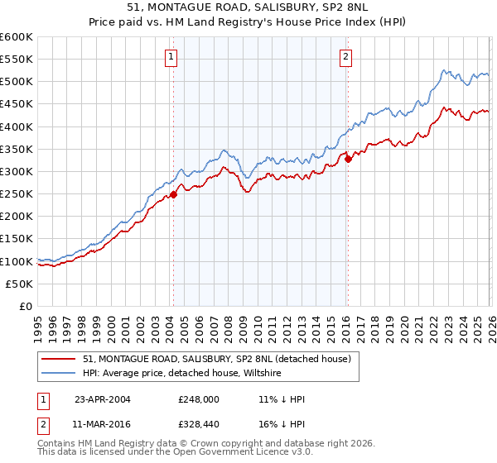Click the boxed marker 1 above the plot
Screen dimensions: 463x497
(x=171, y=57)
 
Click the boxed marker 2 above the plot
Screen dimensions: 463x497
(x=345, y=57)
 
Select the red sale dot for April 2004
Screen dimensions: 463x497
(x=174, y=195)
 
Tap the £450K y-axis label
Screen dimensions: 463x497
(x=17, y=104)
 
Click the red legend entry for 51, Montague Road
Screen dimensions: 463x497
(x=217, y=359)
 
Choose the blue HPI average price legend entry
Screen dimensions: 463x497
(x=182, y=374)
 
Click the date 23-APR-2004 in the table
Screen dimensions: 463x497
(x=103, y=399)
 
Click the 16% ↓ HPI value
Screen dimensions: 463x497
(x=282, y=424)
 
